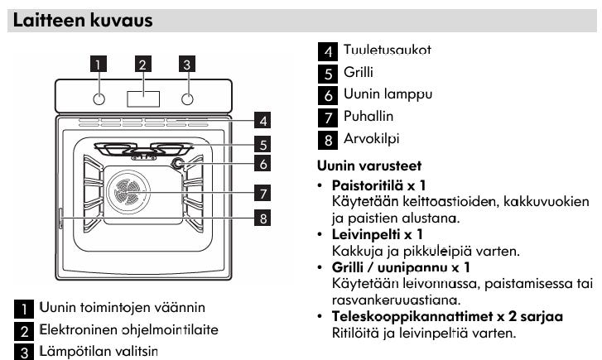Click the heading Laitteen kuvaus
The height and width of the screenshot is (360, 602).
[82, 20]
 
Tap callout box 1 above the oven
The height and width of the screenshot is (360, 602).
[99, 64]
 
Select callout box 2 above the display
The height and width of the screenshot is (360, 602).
[143, 64]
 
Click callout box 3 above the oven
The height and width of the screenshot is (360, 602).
[187, 64]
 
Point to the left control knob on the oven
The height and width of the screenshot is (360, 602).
[99, 98]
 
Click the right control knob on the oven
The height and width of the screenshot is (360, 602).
[188, 98]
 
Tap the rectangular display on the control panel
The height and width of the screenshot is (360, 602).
[143, 98]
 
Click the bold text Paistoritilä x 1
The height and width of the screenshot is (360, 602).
[378, 184]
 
